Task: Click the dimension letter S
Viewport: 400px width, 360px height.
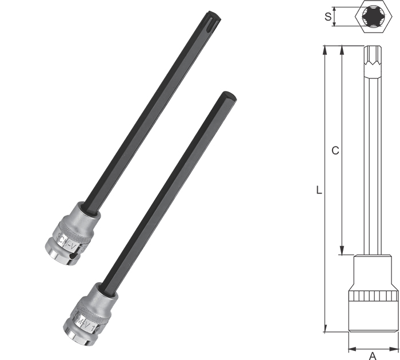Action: coord(327,16)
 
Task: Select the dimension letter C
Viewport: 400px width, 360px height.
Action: coord(335,151)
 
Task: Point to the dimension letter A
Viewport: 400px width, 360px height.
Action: coord(373,354)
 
